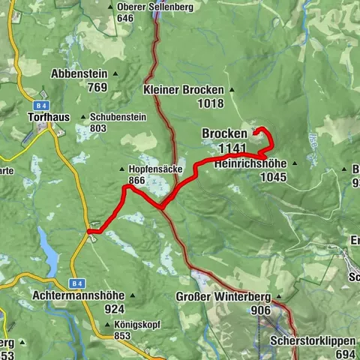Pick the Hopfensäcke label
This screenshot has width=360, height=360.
(155, 169)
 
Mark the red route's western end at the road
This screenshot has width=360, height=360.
(89, 232)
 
